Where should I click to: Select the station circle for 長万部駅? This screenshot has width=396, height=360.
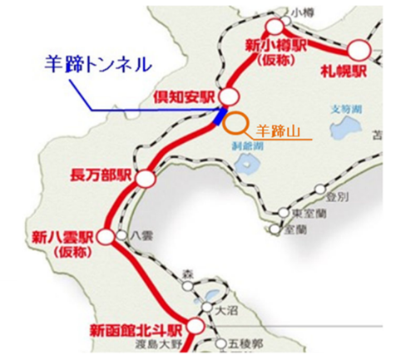(x=146, y=179)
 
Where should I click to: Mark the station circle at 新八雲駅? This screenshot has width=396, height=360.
(x=106, y=237)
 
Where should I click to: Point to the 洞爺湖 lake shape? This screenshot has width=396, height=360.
(x=247, y=162)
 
